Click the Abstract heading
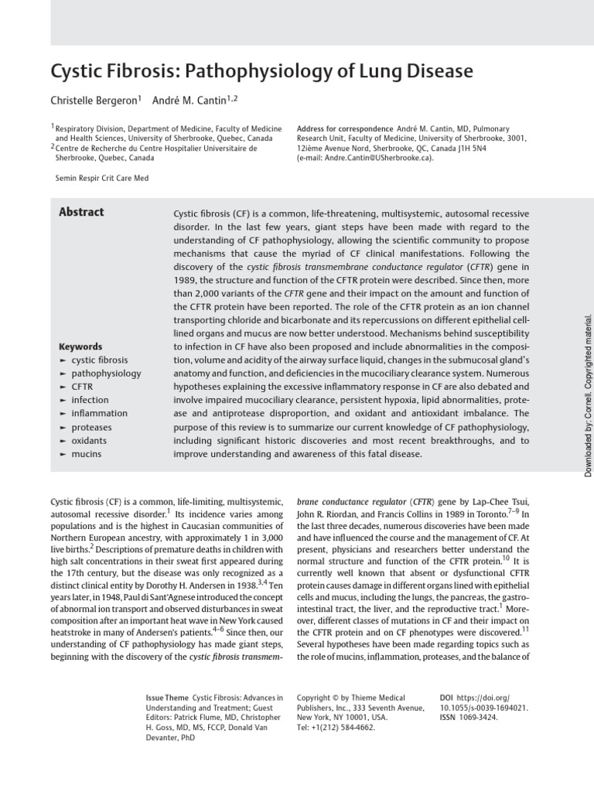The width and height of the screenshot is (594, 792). coord(81,212)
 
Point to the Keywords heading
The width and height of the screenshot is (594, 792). coord(80,346)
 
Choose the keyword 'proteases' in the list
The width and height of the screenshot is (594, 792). coord(91,427)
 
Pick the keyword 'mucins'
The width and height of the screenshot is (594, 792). coord(86,453)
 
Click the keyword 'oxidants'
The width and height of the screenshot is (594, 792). coord(89,440)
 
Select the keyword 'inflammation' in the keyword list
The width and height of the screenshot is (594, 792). coord(99,413)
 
